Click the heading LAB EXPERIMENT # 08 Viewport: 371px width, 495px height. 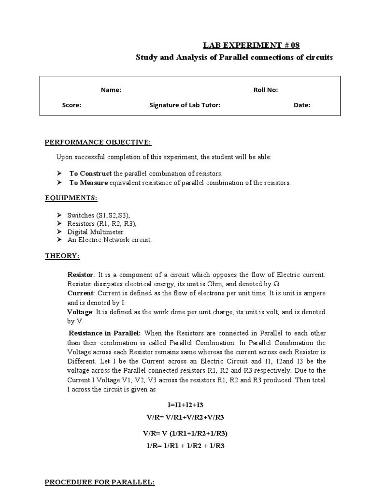251,45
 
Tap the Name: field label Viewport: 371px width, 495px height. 111,90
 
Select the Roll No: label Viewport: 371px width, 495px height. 266,90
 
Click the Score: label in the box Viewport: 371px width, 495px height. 71,105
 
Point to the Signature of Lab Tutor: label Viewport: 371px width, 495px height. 185,105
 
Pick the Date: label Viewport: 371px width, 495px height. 302,105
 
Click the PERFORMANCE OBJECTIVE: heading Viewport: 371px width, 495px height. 98,142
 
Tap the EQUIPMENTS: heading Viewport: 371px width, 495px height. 71,198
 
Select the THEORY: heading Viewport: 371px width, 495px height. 62,256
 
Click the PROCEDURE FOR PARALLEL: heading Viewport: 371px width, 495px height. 100,482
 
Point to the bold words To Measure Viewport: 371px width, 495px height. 88,183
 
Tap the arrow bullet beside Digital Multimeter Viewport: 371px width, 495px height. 59,232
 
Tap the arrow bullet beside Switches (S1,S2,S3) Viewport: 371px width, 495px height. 59,215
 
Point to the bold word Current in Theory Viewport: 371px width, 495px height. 79,293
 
